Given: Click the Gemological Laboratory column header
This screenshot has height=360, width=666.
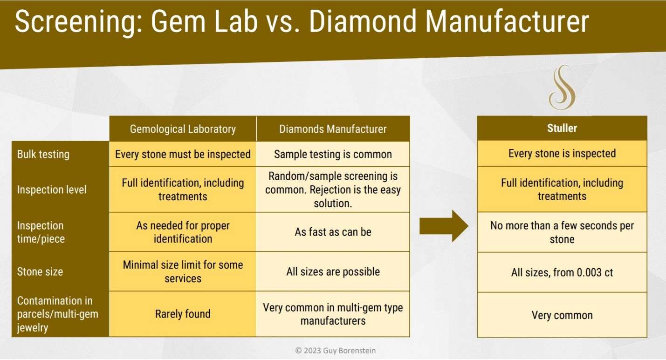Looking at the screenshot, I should (x=183, y=129).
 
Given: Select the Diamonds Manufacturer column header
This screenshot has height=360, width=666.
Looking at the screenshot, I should (x=333, y=129).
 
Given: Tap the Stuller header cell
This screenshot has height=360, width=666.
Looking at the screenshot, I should (x=562, y=129).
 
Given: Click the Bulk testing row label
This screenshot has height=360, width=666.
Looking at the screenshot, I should (x=43, y=154).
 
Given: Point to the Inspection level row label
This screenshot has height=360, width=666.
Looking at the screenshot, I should (x=52, y=190).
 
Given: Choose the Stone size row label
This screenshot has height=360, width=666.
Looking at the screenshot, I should (x=40, y=272).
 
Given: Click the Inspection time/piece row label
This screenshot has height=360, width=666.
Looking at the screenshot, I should (x=41, y=232).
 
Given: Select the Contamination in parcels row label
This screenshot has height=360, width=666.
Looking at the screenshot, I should (x=55, y=314).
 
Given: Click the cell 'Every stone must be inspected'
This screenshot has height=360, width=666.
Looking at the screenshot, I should (x=183, y=154).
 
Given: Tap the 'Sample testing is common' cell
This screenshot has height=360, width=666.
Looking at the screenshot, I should (x=333, y=154).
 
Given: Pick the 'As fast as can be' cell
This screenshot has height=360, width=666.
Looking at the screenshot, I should (x=333, y=232).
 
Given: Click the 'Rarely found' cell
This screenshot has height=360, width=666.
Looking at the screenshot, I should (x=183, y=314).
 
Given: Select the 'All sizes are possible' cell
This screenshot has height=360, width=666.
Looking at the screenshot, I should (x=333, y=272).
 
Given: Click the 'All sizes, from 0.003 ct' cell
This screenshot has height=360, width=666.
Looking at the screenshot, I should (x=562, y=272).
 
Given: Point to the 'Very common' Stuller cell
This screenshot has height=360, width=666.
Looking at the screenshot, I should (x=562, y=315).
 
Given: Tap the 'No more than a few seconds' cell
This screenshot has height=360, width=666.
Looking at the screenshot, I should (x=562, y=232).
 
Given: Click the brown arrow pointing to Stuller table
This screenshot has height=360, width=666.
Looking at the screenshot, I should (x=444, y=226).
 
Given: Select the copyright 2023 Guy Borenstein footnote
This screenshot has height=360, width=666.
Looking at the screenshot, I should (x=335, y=350).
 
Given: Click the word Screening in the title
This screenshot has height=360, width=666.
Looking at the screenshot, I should (x=72, y=22).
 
